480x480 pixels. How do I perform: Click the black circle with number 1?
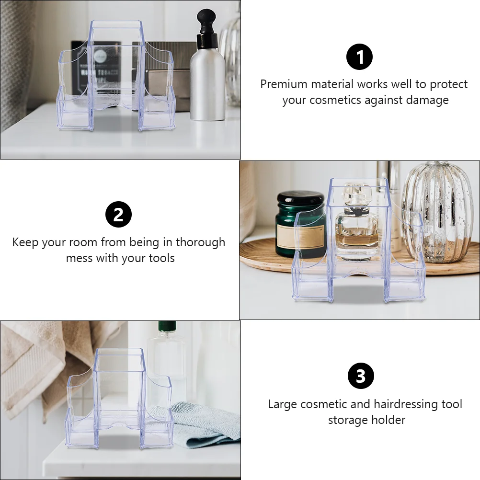(x=359, y=57)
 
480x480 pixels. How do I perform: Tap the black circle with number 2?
(x=118, y=214)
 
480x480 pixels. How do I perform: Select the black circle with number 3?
(x=361, y=376)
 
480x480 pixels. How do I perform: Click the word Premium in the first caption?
(x=284, y=84)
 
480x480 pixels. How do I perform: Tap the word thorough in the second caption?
(x=201, y=242)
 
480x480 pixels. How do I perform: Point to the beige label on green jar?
(x=300, y=236)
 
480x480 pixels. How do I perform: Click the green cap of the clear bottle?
(x=167, y=326)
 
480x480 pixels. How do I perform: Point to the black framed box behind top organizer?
(x=96, y=68)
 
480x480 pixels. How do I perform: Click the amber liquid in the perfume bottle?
(x=357, y=241)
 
